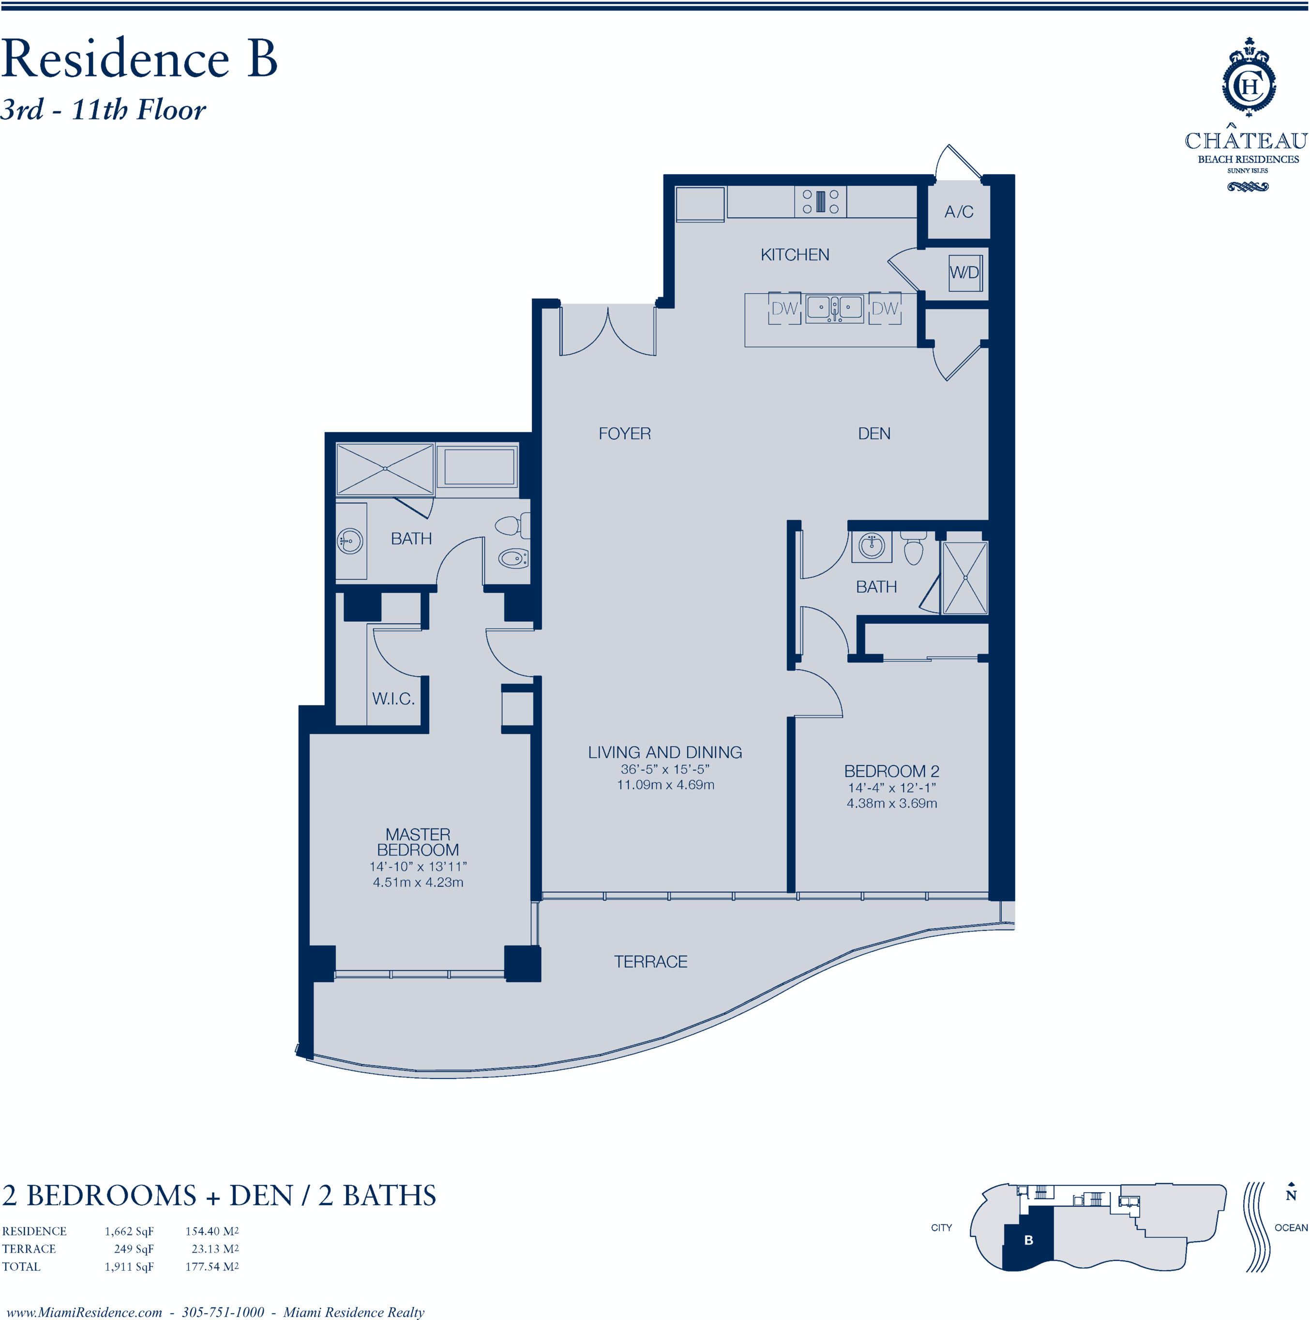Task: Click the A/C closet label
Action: click(958, 212)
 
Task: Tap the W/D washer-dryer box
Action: click(964, 272)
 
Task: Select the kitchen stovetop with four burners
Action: click(820, 202)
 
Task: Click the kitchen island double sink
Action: click(834, 308)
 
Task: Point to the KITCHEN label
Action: click(795, 255)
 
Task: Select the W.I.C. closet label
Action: click(393, 698)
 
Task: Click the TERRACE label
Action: click(650, 961)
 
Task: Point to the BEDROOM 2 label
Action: click(892, 771)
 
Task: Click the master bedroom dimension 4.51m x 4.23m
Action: click(418, 882)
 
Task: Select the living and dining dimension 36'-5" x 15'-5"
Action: click(665, 769)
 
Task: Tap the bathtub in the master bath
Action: click(479, 466)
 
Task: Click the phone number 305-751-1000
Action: click(223, 1312)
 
